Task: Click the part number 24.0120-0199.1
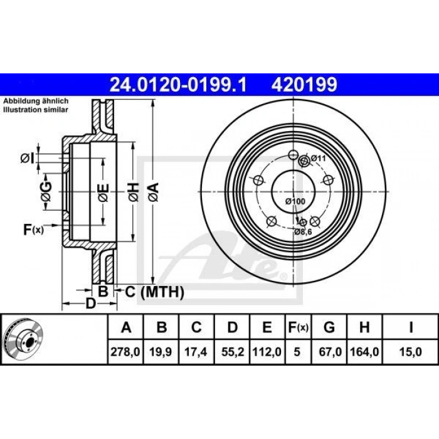[x=178, y=85]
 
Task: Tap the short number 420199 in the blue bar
[x=304, y=85]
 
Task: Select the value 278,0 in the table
[x=125, y=352]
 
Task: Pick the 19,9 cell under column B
[x=161, y=352]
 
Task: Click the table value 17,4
[x=196, y=352]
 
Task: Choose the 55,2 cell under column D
[x=232, y=352]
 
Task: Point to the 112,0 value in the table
[x=267, y=352]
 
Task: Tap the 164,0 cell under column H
[x=364, y=352]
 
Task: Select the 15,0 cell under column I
[x=410, y=352]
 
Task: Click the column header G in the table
[x=329, y=327]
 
